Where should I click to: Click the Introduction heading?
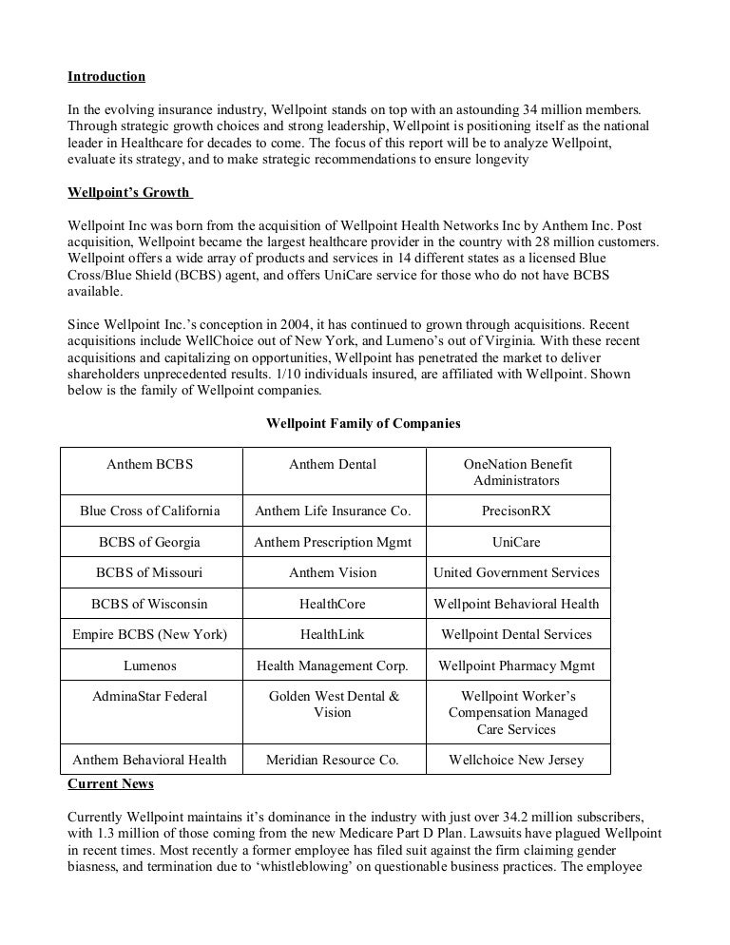(106, 75)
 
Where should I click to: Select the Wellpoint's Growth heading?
(129, 193)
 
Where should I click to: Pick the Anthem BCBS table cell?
(149, 464)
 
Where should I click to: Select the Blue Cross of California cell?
(149, 511)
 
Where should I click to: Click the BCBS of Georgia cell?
(149, 542)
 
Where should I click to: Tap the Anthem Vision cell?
(333, 572)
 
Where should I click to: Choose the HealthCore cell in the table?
(333, 604)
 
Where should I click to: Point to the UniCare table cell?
(516, 542)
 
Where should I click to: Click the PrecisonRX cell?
(516, 511)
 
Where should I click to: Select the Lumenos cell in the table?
(149, 665)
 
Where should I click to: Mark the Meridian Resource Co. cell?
(333, 759)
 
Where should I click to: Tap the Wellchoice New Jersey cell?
(516, 759)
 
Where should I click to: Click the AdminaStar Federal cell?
(149, 696)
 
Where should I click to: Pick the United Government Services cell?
(516, 572)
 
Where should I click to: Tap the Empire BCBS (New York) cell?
(149, 634)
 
